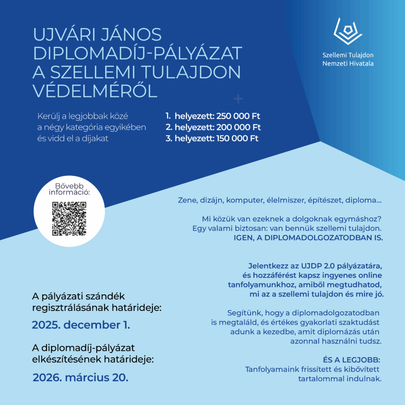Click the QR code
coord(69,218)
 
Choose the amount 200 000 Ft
coord(239,127)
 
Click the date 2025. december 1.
coord(81,325)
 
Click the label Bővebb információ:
coord(69,189)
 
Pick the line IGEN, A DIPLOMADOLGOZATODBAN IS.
coord(309,238)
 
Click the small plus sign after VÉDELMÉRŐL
coord(238,99)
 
